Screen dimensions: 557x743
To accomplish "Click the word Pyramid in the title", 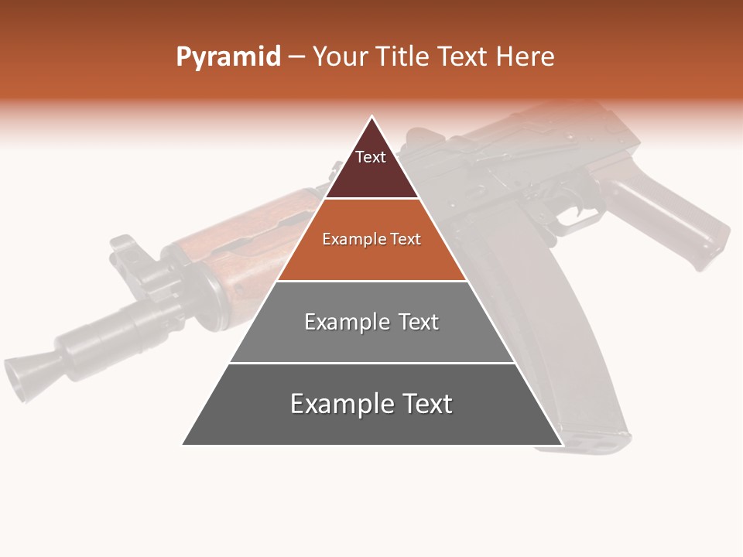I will point(228,57).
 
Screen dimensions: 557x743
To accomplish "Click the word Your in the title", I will point(341,57).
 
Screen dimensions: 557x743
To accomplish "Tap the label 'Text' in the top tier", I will point(371,157).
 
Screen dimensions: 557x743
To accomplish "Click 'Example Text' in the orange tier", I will point(371,239).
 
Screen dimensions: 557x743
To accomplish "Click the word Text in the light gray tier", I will point(419,322).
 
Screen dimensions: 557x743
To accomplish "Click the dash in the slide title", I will point(296,57).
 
